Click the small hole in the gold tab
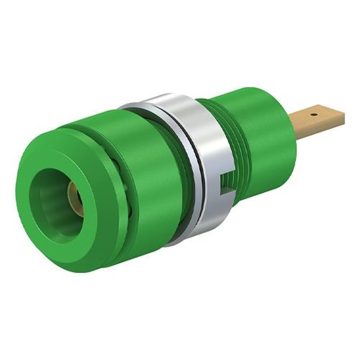pos(314,114)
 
